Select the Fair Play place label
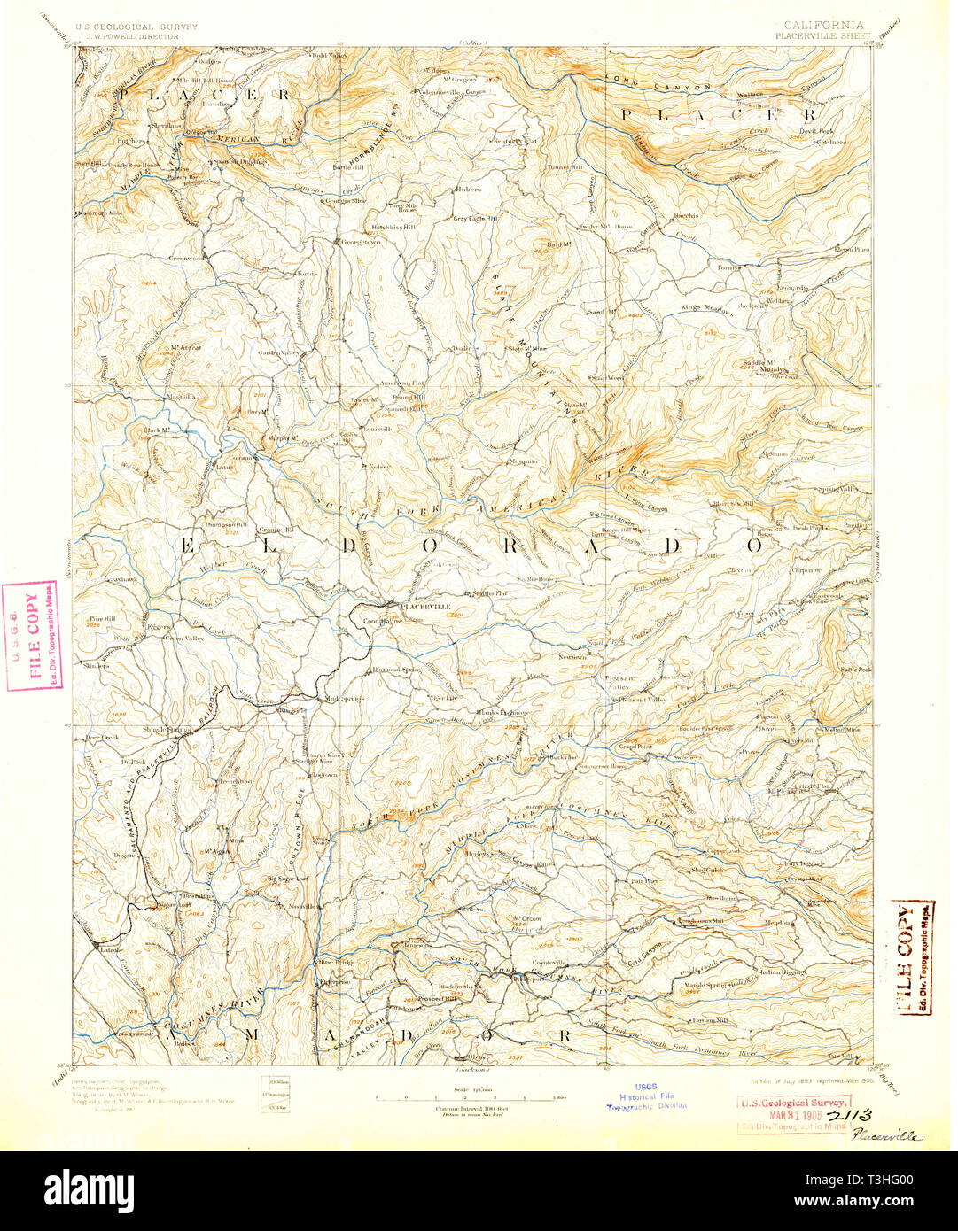click(644, 881)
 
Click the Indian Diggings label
click(759, 972)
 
